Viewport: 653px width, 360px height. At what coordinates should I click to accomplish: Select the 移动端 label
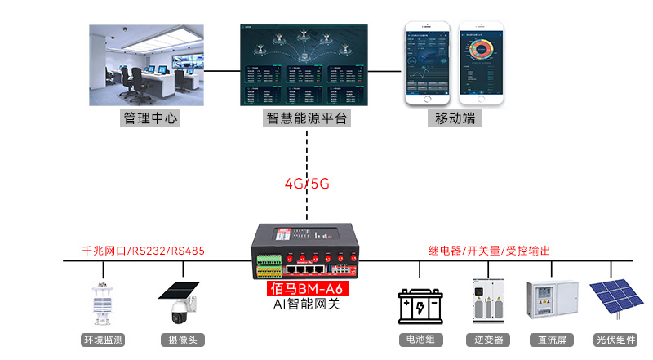(x=455, y=119)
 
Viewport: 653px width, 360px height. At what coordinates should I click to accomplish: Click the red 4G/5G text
(x=307, y=184)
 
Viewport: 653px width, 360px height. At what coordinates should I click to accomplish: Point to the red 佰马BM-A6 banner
(x=306, y=289)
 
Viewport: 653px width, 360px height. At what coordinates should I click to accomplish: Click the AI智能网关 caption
(x=306, y=304)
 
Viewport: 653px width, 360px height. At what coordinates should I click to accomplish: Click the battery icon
(x=420, y=307)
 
